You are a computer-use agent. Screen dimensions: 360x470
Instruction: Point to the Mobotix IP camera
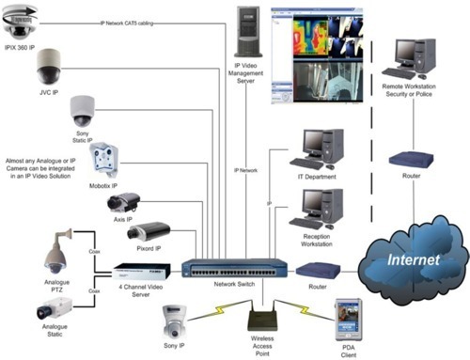[x=104, y=163]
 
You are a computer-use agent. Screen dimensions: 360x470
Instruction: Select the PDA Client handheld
[x=347, y=314]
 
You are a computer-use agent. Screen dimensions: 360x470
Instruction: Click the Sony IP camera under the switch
[x=172, y=325]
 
